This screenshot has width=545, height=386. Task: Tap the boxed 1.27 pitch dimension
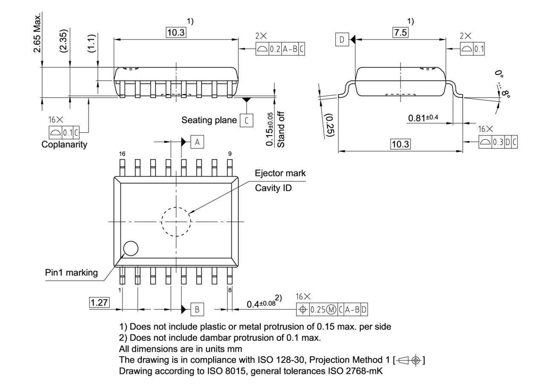[99, 303]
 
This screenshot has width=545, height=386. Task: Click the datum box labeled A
[197, 142]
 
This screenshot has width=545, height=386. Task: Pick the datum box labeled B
[197, 309]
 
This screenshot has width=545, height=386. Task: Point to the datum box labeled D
[341, 40]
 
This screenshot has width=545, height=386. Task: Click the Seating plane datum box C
[246, 120]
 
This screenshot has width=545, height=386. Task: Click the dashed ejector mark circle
[176, 221]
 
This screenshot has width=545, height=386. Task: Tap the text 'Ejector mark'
[280, 173]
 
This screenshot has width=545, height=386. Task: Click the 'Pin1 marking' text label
[72, 273]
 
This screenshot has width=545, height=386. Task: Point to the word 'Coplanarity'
[64, 144]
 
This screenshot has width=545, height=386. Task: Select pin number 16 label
[122, 154]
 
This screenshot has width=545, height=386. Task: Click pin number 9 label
[230, 154]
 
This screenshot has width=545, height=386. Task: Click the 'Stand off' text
[281, 130]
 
